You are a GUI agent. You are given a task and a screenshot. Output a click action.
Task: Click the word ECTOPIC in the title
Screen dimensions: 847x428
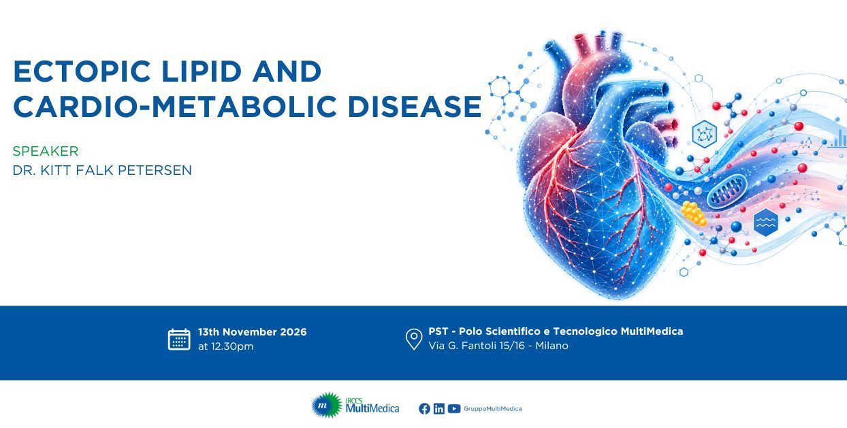(82, 71)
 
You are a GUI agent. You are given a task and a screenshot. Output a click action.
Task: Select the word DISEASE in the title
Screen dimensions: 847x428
(415, 107)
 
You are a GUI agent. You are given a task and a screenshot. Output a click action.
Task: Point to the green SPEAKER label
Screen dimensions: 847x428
(46, 151)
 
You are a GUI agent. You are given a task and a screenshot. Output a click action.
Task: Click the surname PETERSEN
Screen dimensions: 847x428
(155, 170)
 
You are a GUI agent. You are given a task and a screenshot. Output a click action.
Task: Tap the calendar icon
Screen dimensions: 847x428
(179, 340)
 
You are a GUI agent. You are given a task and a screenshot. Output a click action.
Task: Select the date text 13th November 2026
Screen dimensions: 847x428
(252, 332)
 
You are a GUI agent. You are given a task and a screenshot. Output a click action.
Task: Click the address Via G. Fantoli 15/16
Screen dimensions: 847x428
(477, 346)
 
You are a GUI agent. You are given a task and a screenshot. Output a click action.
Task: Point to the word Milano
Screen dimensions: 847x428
(552, 346)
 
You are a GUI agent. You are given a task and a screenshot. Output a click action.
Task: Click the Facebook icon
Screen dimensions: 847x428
(424, 409)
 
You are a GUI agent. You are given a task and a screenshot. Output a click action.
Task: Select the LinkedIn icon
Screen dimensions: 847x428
(439, 409)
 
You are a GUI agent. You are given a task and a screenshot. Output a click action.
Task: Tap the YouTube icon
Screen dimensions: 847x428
(453, 409)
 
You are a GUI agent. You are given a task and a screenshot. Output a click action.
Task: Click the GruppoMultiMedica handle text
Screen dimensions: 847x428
(493, 409)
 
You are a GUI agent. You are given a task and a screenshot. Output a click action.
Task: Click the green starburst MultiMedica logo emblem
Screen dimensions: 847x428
(327, 405)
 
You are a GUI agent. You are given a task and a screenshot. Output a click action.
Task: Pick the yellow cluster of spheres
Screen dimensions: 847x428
(693, 214)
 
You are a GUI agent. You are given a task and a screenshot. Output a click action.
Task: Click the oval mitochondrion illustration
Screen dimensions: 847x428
(726, 191)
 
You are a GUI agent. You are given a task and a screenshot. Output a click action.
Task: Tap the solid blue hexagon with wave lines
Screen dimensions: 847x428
(766, 222)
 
